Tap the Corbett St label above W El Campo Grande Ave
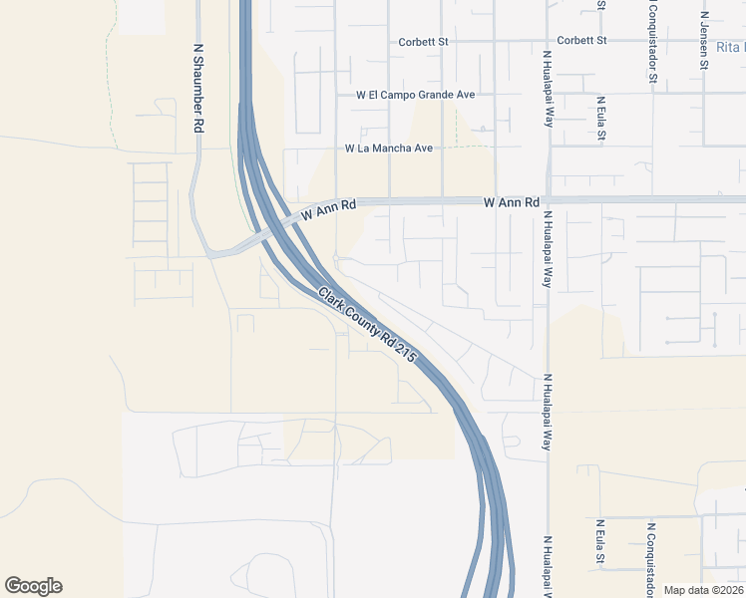(424, 42)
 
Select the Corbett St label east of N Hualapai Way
(582, 40)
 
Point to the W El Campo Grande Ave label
(416, 95)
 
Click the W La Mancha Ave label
(389, 149)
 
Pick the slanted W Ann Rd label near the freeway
(329, 210)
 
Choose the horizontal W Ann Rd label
(512, 201)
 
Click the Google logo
(33, 586)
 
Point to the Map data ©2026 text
(704, 590)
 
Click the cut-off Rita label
(730, 47)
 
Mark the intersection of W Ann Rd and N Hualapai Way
(548, 200)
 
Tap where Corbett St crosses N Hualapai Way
(548, 41)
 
